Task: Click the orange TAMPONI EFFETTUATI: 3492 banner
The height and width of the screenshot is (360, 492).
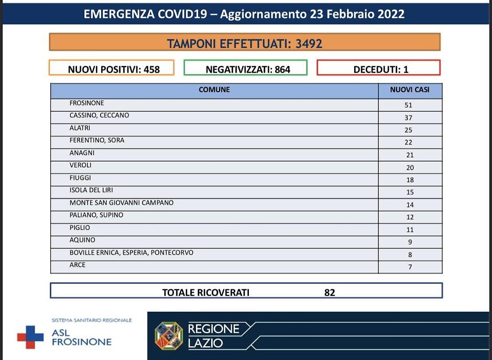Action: click(245, 43)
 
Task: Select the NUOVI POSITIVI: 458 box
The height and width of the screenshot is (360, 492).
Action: click(111, 69)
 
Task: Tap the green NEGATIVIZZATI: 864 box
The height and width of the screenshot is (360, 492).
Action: click(245, 69)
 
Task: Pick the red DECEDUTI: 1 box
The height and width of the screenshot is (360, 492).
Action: click(378, 69)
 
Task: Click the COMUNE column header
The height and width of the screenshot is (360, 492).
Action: click(214, 90)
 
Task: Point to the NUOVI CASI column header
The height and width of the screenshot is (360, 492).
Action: click(410, 90)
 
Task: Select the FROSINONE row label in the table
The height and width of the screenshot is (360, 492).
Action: click(87, 103)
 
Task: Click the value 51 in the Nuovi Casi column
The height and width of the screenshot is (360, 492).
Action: click(409, 105)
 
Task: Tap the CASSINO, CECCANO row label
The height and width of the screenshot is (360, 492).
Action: click(99, 115)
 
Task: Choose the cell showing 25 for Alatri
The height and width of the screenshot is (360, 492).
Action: click(409, 130)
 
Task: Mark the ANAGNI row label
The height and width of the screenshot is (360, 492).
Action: click(82, 153)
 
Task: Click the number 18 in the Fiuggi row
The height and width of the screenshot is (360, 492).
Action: click(410, 180)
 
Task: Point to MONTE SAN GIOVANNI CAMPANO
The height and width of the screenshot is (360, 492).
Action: click(122, 203)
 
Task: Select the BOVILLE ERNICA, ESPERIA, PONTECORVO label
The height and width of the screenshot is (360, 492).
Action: click(132, 253)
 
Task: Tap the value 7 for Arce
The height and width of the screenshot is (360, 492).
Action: click(410, 267)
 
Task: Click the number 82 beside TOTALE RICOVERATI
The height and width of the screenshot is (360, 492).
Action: click(330, 292)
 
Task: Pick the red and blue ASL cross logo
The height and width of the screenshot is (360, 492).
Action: click(30, 337)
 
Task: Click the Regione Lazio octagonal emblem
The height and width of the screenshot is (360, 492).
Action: click(169, 336)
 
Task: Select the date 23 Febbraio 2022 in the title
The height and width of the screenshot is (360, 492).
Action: click(365, 14)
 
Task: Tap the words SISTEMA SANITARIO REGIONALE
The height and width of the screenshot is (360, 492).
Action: click(92, 320)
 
